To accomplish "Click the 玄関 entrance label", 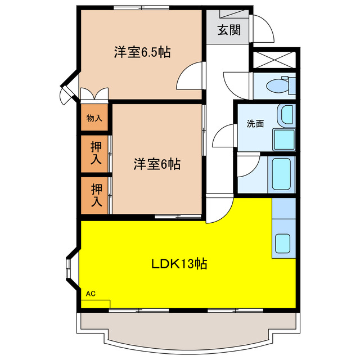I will (229, 29).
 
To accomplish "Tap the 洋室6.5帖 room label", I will (142, 52).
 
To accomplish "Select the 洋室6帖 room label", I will (157, 164).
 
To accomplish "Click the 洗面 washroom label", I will (255, 123).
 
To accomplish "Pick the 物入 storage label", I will (94, 118).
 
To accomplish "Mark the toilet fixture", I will (279, 86).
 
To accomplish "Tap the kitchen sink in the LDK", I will (283, 244).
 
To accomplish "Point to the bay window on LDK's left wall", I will (71, 272).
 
